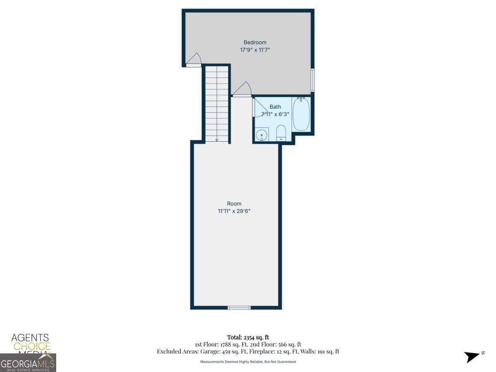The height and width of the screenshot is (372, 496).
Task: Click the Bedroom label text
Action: click(x=255, y=42)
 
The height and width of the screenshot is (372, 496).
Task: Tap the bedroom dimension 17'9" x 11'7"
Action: click(x=255, y=50)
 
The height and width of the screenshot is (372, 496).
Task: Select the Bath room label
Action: click(x=275, y=107)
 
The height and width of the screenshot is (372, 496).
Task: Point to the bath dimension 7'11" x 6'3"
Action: click(x=275, y=114)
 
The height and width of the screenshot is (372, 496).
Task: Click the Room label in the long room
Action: click(x=234, y=203)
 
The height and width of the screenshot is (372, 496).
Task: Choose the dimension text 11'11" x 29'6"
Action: click(x=234, y=211)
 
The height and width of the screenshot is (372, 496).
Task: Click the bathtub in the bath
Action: click(x=301, y=114)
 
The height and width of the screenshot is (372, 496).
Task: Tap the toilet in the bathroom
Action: click(x=281, y=133)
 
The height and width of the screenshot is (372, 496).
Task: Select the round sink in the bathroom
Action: click(x=262, y=135)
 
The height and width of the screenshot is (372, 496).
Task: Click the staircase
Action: click(x=217, y=103)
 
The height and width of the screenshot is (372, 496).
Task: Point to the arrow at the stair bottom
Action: click(x=217, y=140)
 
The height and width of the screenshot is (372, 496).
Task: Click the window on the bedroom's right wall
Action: click(x=312, y=80)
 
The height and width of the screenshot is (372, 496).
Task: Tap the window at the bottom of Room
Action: click(x=239, y=308)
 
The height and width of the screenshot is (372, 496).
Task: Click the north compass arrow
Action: click(x=473, y=356)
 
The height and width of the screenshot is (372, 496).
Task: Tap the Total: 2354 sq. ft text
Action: click(x=248, y=337)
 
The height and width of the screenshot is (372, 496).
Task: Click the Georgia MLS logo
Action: click(x=28, y=363)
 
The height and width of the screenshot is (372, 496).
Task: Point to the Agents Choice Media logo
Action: click(x=30, y=343)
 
